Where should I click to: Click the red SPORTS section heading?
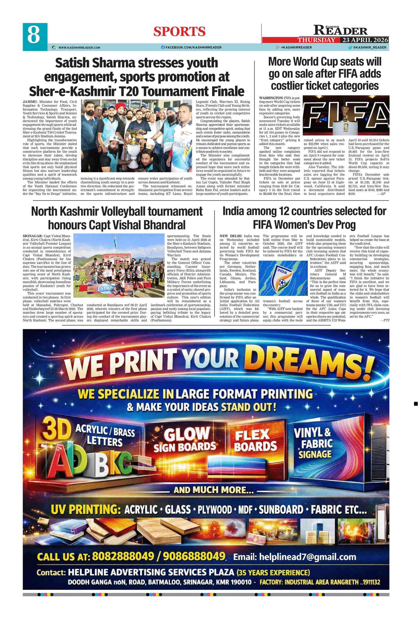pyautogui.click(x=179, y=31)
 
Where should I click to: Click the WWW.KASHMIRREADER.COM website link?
pyautogui.click(x=79, y=47)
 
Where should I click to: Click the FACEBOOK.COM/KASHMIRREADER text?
pyautogui.click(x=193, y=47)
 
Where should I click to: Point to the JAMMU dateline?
pyautogui.click(x=28, y=101)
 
